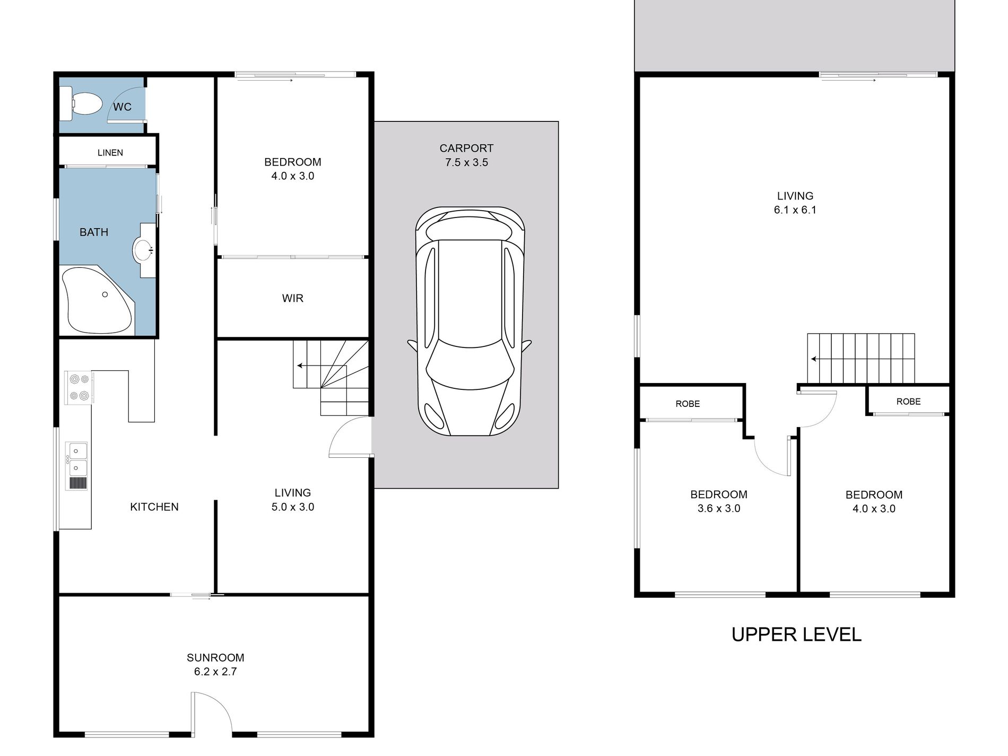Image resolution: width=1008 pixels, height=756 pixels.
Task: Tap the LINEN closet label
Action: point(110,153)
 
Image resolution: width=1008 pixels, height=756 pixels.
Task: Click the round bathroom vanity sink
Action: point(143,250)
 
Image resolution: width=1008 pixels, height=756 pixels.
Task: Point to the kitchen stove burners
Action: point(79,387)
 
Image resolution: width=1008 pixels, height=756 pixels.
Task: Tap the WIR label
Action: point(293,298)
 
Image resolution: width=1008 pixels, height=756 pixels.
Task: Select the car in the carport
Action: point(470,321)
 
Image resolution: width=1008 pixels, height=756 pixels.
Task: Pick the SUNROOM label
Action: point(215,658)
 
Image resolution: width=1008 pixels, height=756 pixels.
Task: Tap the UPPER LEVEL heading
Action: point(796,635)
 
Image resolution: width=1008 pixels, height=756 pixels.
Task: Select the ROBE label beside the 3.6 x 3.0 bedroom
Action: point(688,404)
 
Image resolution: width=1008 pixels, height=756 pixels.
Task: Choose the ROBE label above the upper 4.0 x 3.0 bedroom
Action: point(908,402)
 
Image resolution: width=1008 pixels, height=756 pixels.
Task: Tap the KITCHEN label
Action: point(154,507)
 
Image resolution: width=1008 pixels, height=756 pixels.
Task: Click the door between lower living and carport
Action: point(350,436)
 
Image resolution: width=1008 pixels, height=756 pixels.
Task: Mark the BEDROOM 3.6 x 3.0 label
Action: point(719,501)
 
